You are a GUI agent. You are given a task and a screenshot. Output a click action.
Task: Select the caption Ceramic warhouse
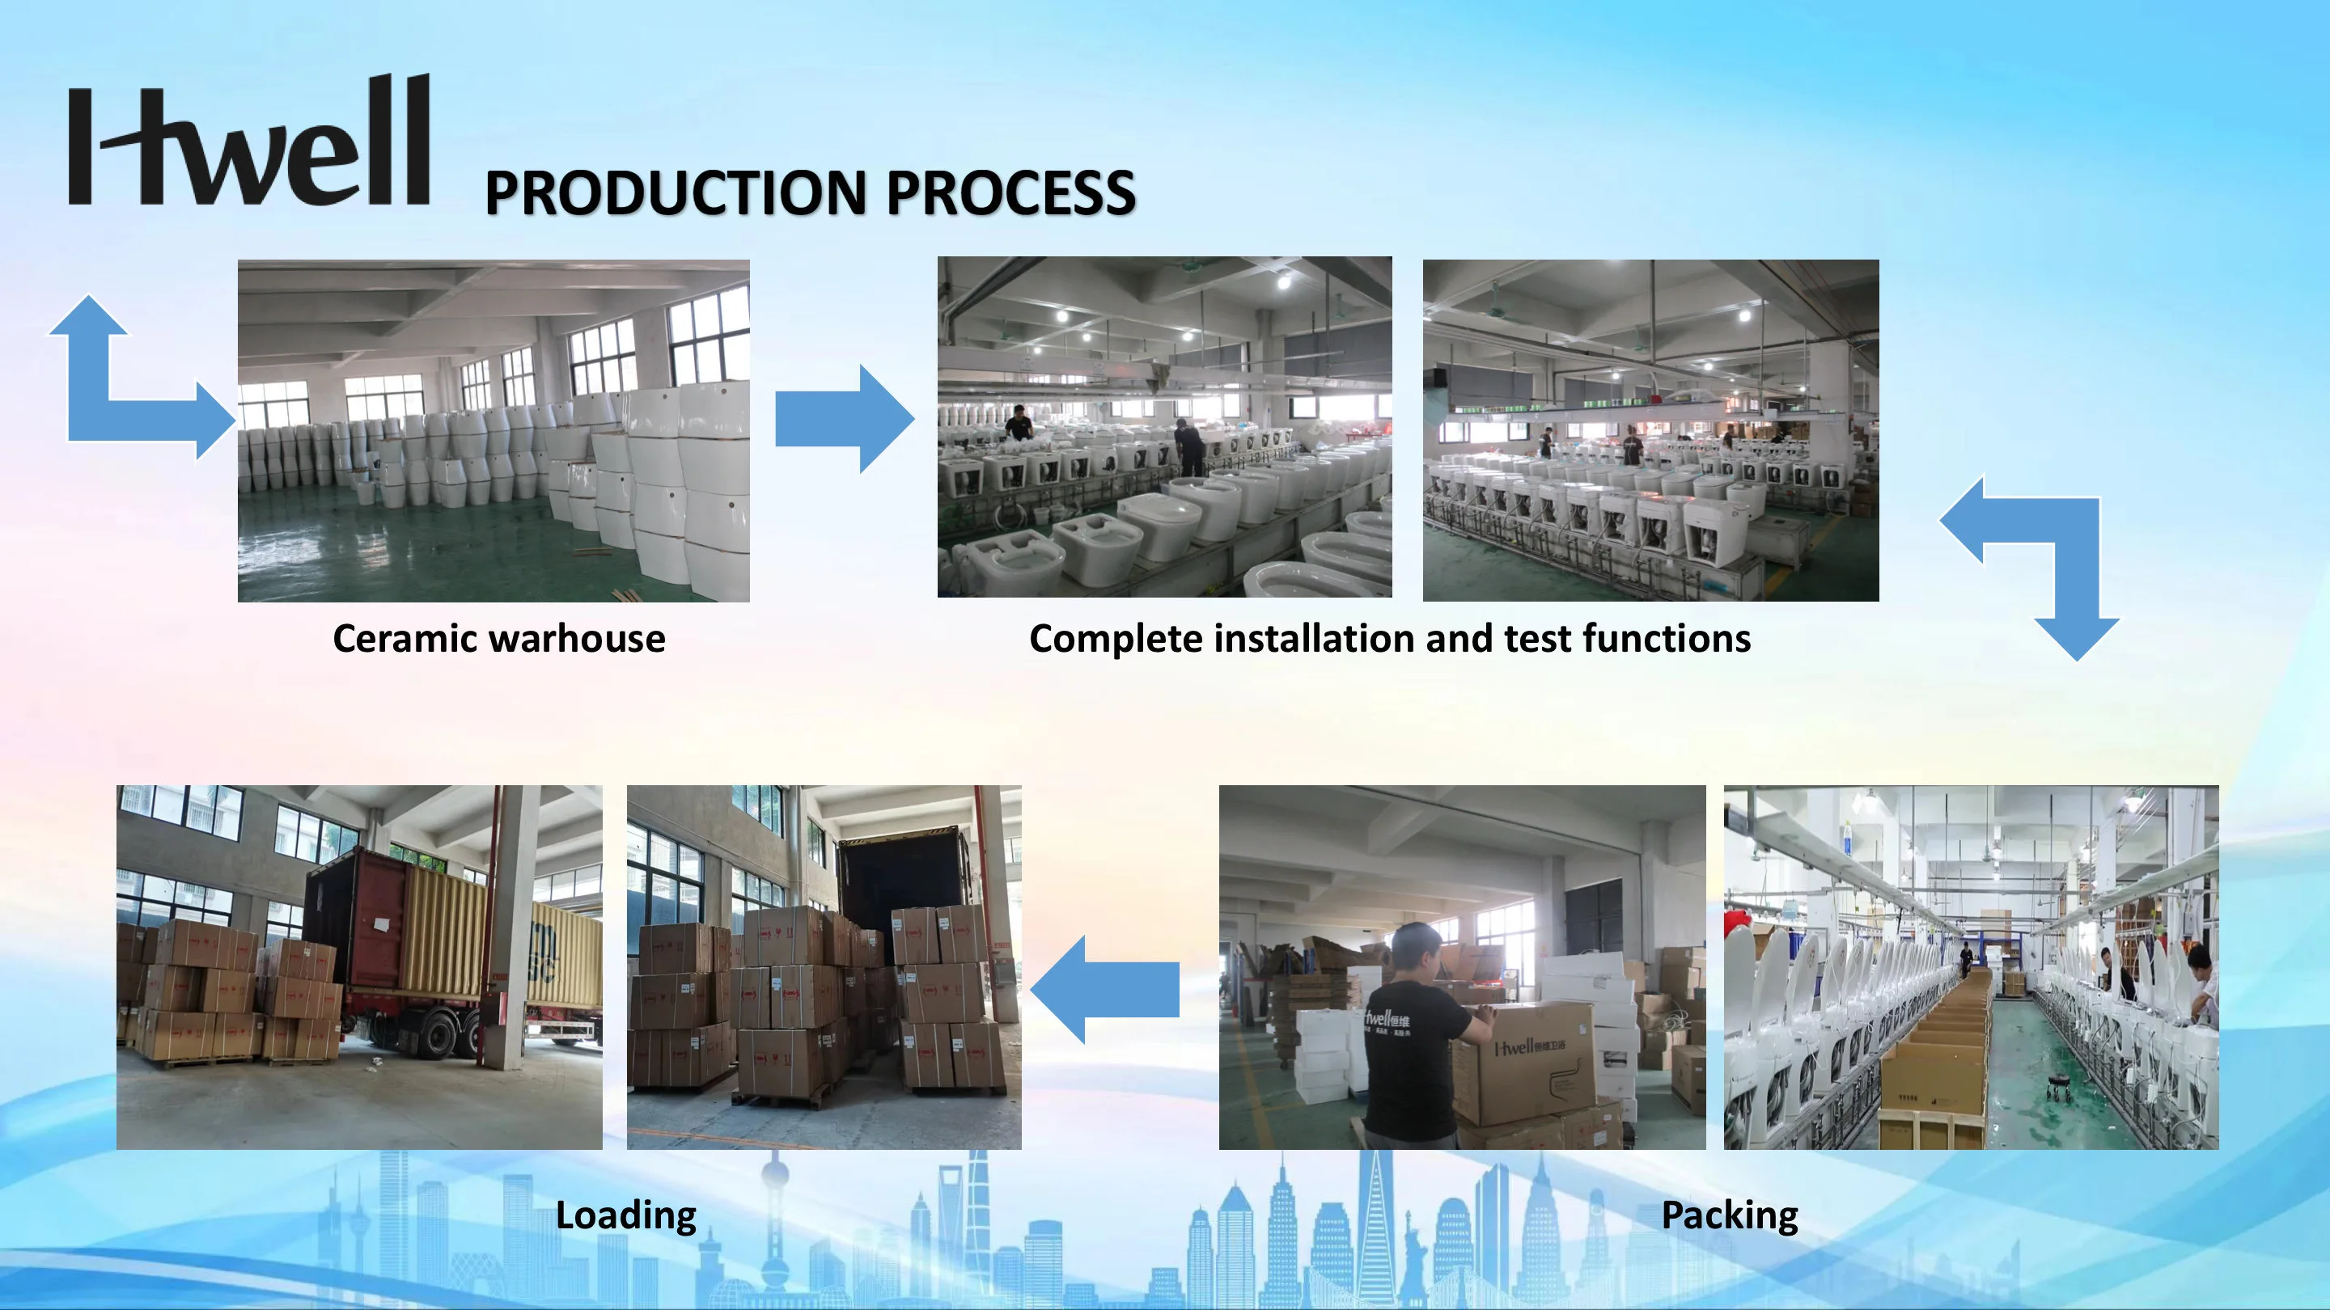[498, 639]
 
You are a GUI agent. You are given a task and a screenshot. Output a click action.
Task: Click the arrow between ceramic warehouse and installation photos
[843, 419]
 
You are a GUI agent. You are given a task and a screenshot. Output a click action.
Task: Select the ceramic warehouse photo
[493, 430]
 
